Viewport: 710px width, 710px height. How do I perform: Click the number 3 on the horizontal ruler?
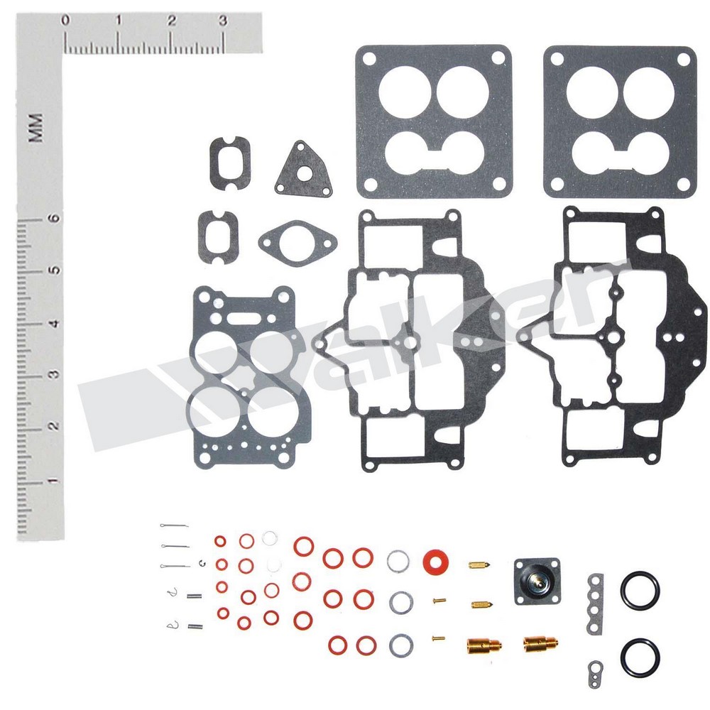222,21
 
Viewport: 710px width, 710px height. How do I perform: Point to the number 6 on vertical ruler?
53,219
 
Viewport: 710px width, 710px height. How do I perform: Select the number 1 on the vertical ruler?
53,480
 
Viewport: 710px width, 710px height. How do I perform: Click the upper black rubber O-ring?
640,590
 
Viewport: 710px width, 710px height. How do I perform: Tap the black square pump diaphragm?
537,581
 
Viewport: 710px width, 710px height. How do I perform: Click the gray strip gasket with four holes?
596,603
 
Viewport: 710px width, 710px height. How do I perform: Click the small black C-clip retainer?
202,564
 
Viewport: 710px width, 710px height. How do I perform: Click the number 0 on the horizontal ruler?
65,21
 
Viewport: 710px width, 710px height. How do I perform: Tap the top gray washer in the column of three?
398,562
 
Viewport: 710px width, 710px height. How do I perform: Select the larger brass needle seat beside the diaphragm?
540,644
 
